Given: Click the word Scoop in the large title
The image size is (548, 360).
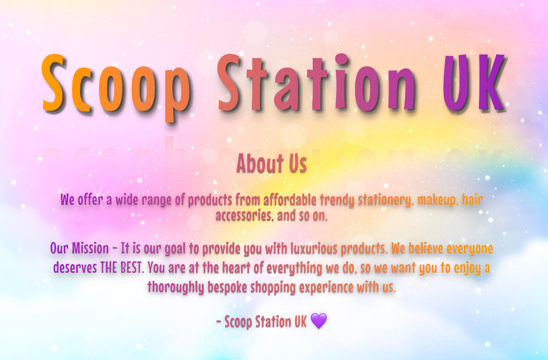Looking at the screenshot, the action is point(116,87).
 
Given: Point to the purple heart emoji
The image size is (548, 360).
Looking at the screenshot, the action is point(319,321).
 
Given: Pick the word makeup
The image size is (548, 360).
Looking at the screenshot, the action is point(438,200).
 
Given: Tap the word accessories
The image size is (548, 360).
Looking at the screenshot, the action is point(244,216).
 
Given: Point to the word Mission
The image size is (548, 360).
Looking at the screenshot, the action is point(90,249).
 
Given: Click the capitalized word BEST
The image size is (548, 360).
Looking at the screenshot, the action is point(132,268).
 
